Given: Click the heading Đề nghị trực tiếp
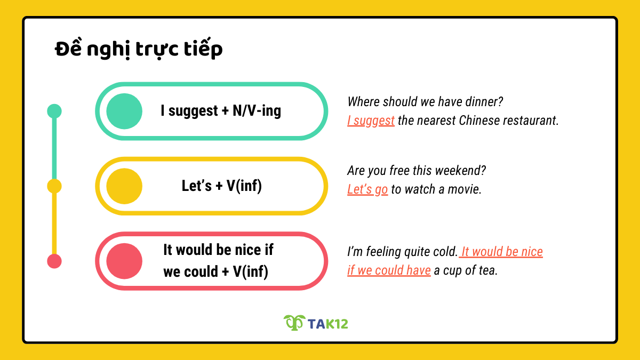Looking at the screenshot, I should pyautogui.click(x=139, y=50).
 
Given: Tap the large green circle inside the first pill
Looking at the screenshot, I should pyautogui.click(x=124, y=111).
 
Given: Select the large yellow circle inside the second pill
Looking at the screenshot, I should pyautogui.click(x=124, y=186).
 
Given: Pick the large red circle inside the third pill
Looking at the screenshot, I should pyautogui.click(x=124, y=261).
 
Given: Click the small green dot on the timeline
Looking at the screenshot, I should pyautogui.click(x=54, y=111).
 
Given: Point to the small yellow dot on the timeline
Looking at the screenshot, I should pyautogui.click(x=54, y=186).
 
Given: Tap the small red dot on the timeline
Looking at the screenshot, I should pyautogui.click(x=54, y=261).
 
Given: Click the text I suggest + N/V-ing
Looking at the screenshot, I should pyautogui.click(x=221, y=111).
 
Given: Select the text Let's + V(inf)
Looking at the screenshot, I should pyautogui.click(x=222, y=186).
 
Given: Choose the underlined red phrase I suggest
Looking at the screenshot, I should pyautogui.click(x=371, y=121).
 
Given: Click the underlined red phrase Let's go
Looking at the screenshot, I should pyautogui.click(x=367, y=189).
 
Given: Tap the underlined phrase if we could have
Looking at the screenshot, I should pyautogui.click(x=389, y=270).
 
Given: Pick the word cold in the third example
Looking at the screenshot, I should pyautogui.click(x=444, y=252).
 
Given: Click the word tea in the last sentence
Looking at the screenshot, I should pyautogui.click(x=487, y=270).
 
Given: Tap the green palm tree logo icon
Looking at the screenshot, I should pyautogui.click(x=293, y=322).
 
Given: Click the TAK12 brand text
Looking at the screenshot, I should pyautogui.click(x=328, y=323).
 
